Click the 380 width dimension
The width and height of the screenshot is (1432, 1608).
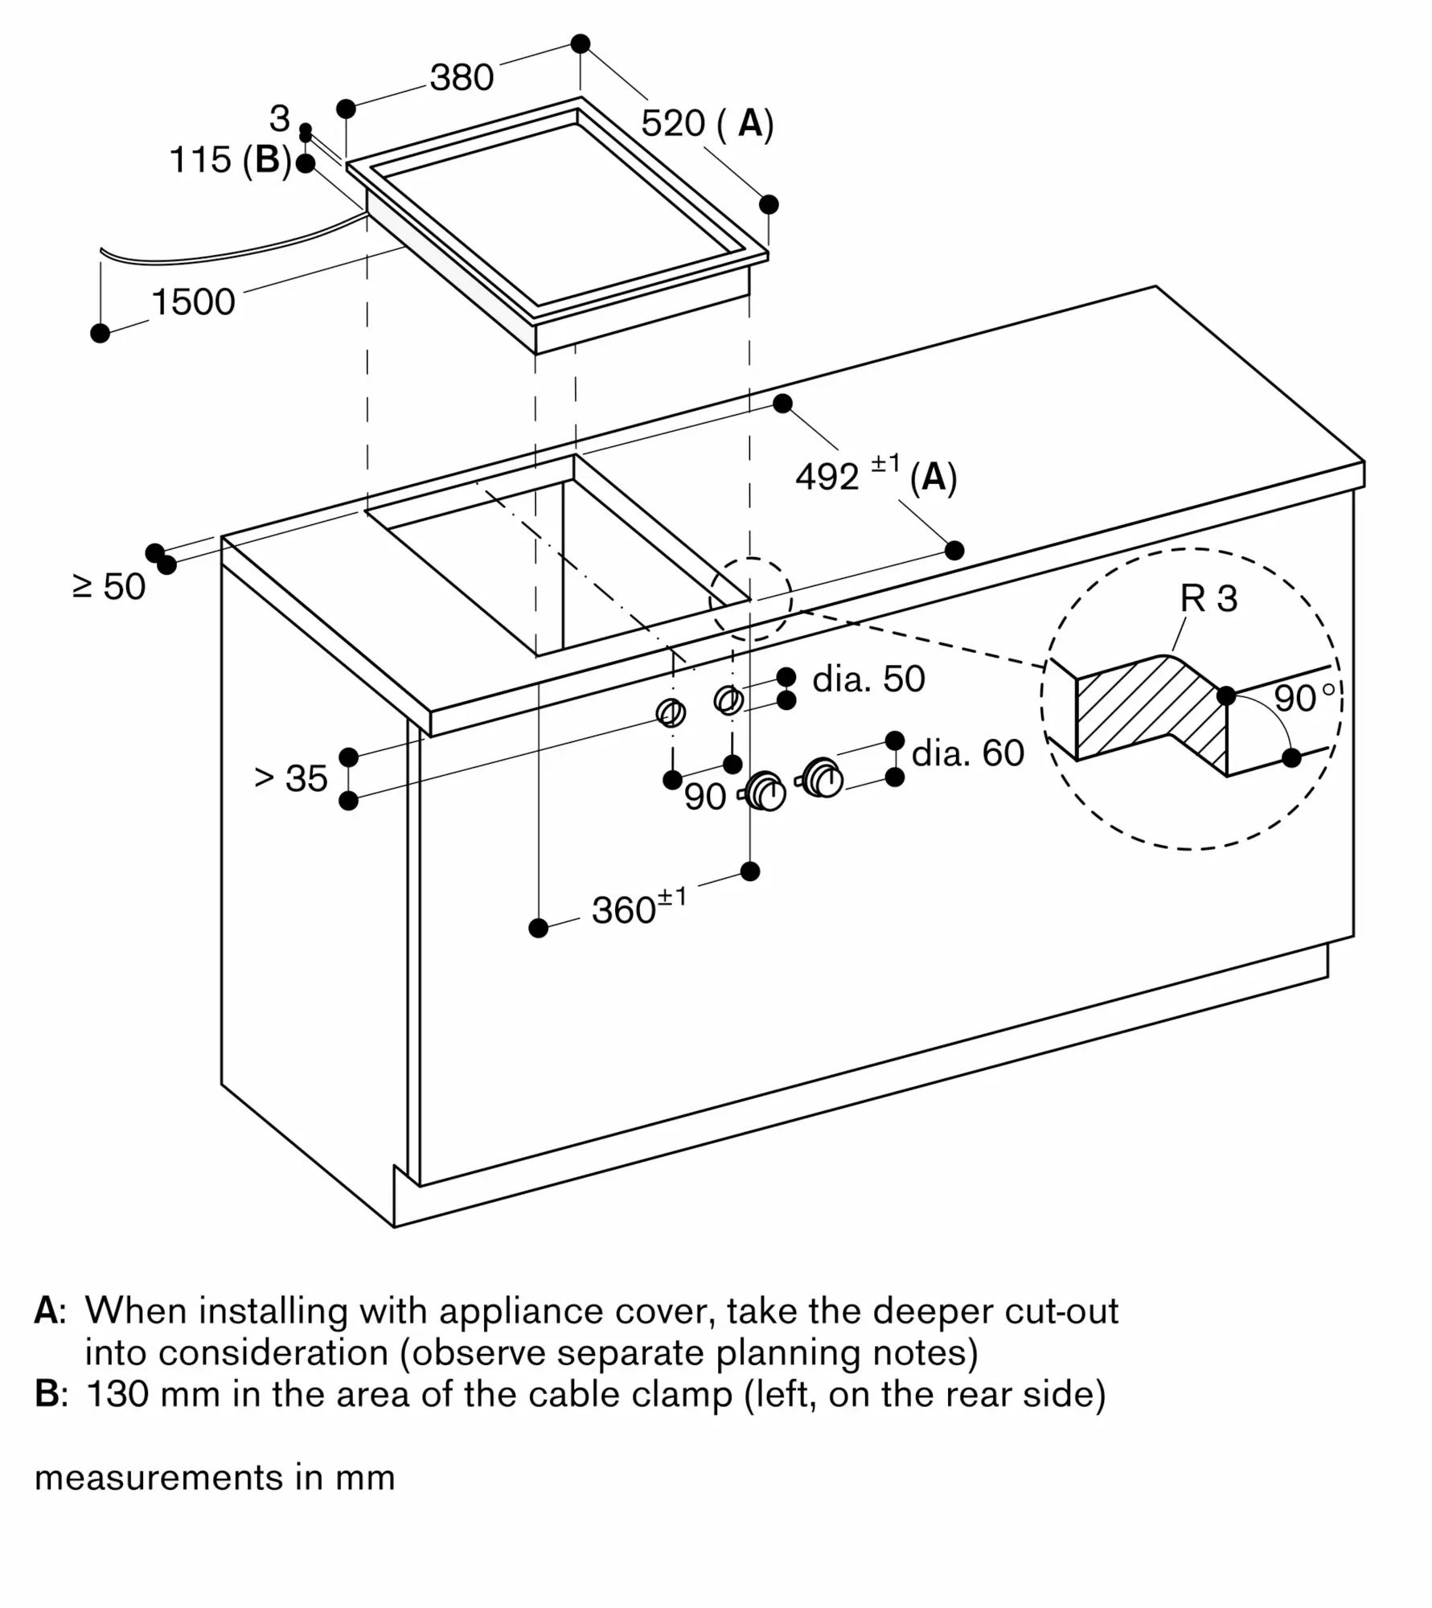(x=462, y=77)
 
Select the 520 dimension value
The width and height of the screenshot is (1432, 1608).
(x=673, y=123)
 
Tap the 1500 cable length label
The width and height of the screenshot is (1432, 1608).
(x=193, y=302)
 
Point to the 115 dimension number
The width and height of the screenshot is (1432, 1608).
(x=200, y=159)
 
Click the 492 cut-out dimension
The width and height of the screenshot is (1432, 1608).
(x=827, y=477)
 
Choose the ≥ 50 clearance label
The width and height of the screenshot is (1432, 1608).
(x=109, y=586)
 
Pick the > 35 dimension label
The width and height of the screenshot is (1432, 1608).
(x=291, y=778)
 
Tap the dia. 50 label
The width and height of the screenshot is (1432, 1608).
(x=868, y=679)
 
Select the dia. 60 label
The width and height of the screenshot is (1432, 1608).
(x=968, y=753)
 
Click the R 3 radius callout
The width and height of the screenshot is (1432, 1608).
(x=1208, y=598)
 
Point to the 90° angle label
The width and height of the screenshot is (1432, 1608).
(x=1304, y=698)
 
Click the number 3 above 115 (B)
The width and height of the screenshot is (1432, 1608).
(x=279, y=119)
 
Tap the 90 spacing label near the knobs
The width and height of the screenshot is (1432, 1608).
(x=705, y=797)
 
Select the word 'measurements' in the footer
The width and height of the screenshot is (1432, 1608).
(x=158, y=1478)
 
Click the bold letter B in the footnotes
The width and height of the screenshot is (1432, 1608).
(x=45, y=1393)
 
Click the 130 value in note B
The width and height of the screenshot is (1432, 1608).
(x=117, y=1393)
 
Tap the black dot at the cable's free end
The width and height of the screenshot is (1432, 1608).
(x=101, y=333)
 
